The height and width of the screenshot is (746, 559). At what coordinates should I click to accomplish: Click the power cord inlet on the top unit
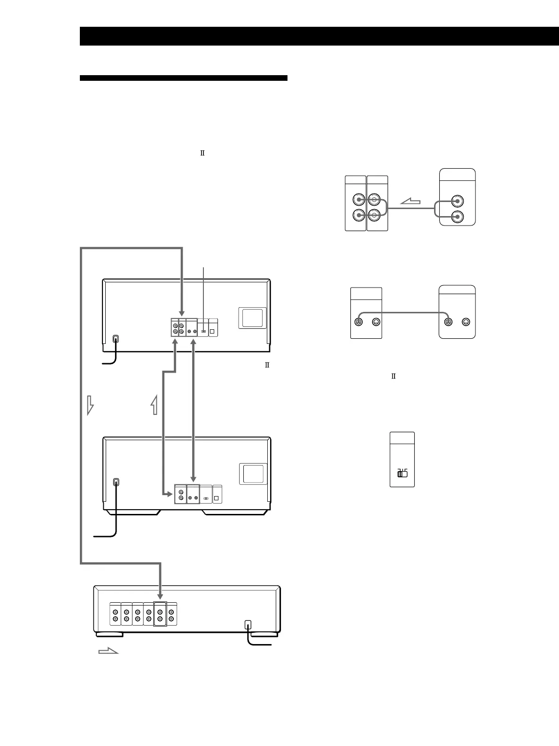coord(116,339)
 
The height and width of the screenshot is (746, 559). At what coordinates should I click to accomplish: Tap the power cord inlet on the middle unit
coord(116,482)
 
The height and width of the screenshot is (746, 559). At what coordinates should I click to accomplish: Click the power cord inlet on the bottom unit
coord(248,624)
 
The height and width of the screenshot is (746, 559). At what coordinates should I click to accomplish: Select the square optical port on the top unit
coord(212,331)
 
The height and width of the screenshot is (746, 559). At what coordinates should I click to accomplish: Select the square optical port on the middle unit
coord(217,497)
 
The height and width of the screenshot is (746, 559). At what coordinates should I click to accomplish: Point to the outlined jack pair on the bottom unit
coord(160,614)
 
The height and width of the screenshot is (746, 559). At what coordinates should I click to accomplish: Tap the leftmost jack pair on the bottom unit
coord(115,614)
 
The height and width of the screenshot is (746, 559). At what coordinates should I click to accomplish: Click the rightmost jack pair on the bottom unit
coord(171,614)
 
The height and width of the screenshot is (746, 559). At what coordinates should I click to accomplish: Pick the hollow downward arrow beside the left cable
coord(90,404)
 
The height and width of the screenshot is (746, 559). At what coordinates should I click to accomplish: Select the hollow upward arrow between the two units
coord(154,404)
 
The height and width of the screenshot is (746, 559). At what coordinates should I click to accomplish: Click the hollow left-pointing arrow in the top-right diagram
coord(410,202)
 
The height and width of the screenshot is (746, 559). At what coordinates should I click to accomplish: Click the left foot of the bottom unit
coord(109,634)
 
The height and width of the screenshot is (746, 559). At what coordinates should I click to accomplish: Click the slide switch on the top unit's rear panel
coord(203,331)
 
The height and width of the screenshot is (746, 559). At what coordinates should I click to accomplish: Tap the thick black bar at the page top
coord(319,36)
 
